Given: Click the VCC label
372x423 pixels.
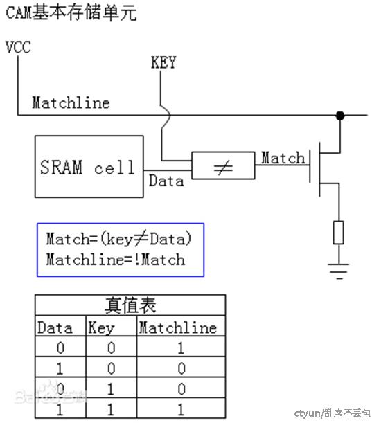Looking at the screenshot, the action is click(18, 47).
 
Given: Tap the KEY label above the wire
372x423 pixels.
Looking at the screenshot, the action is click(163, 62).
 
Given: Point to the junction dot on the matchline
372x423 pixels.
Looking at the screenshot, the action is click(340, 116).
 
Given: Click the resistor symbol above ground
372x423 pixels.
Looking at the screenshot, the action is click(339, 233).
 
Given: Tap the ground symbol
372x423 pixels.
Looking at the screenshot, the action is click(339, 271).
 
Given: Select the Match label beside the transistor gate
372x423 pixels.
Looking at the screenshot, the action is click(283, 158).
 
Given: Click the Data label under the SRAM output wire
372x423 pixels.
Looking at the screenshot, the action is click(166, 181).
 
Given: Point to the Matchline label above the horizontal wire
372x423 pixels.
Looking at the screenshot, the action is click(71, 102).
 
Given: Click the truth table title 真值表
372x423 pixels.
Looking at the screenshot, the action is click(130, 305).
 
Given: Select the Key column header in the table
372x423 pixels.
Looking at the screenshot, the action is click(101, 328).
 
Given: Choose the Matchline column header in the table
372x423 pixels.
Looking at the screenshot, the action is click(178, 327).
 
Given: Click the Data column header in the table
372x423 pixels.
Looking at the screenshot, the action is click(55, 327).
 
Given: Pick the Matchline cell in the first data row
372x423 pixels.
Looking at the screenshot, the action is click(181, 348).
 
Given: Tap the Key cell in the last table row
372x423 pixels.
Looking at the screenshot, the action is click(111, 410).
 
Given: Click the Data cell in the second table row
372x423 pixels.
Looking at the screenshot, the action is click(60, 368).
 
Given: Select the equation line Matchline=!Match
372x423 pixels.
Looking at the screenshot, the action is click(116, 260).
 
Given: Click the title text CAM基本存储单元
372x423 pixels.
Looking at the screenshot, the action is click(71, 12).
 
